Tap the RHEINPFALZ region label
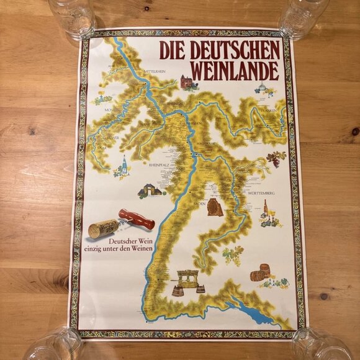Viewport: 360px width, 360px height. coord(160,165)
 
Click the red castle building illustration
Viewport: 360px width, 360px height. coord(188,83)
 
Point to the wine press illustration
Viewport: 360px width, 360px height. coord(187,281)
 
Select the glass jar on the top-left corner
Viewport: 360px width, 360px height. coord(71,17)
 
